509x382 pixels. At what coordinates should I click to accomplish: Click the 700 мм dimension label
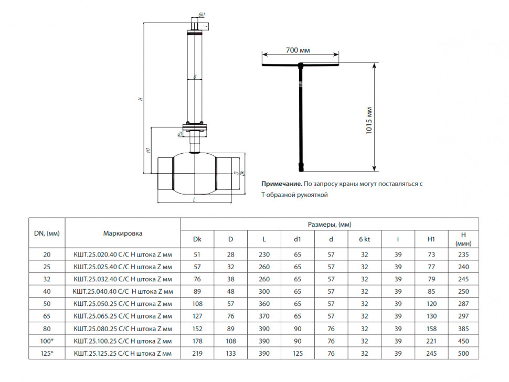click(x=298, y=50)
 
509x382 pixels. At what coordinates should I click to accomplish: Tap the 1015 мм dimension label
click(x=369, y=120)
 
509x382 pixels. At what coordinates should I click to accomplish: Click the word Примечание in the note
click(x=282, y=184)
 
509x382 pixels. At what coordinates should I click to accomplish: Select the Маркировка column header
click(x=123, y=233)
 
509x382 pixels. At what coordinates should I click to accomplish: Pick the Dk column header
click(x=197, y=239)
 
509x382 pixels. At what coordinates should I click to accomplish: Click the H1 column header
click(x=431, y=239)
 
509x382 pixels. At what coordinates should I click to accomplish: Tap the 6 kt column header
click(x=364, y=239)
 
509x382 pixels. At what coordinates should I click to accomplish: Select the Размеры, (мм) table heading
click(x=330, y=224)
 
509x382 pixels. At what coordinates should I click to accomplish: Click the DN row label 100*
click(x=47, y=341)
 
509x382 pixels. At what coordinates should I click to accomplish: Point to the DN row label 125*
click(x=47, y=354)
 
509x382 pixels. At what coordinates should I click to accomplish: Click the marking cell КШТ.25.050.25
click(x=123, y=304)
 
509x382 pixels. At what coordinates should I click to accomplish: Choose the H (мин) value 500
click(x=463, y=354)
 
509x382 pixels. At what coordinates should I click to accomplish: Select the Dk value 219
click(x=197, y=354)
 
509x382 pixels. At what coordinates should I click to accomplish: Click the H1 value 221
click(x=431, y=341)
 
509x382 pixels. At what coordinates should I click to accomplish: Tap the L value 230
click(x=264, y=254)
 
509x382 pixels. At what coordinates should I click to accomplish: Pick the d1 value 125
click(x=298, y=354)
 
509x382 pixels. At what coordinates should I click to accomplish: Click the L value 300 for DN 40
click(x=264, y=291)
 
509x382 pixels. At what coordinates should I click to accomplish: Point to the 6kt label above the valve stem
click(x=202, y=15)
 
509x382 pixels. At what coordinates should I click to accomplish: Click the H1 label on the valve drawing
click(x=148, y=150)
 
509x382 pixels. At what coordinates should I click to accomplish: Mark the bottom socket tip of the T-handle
click(x=301, y=171)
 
